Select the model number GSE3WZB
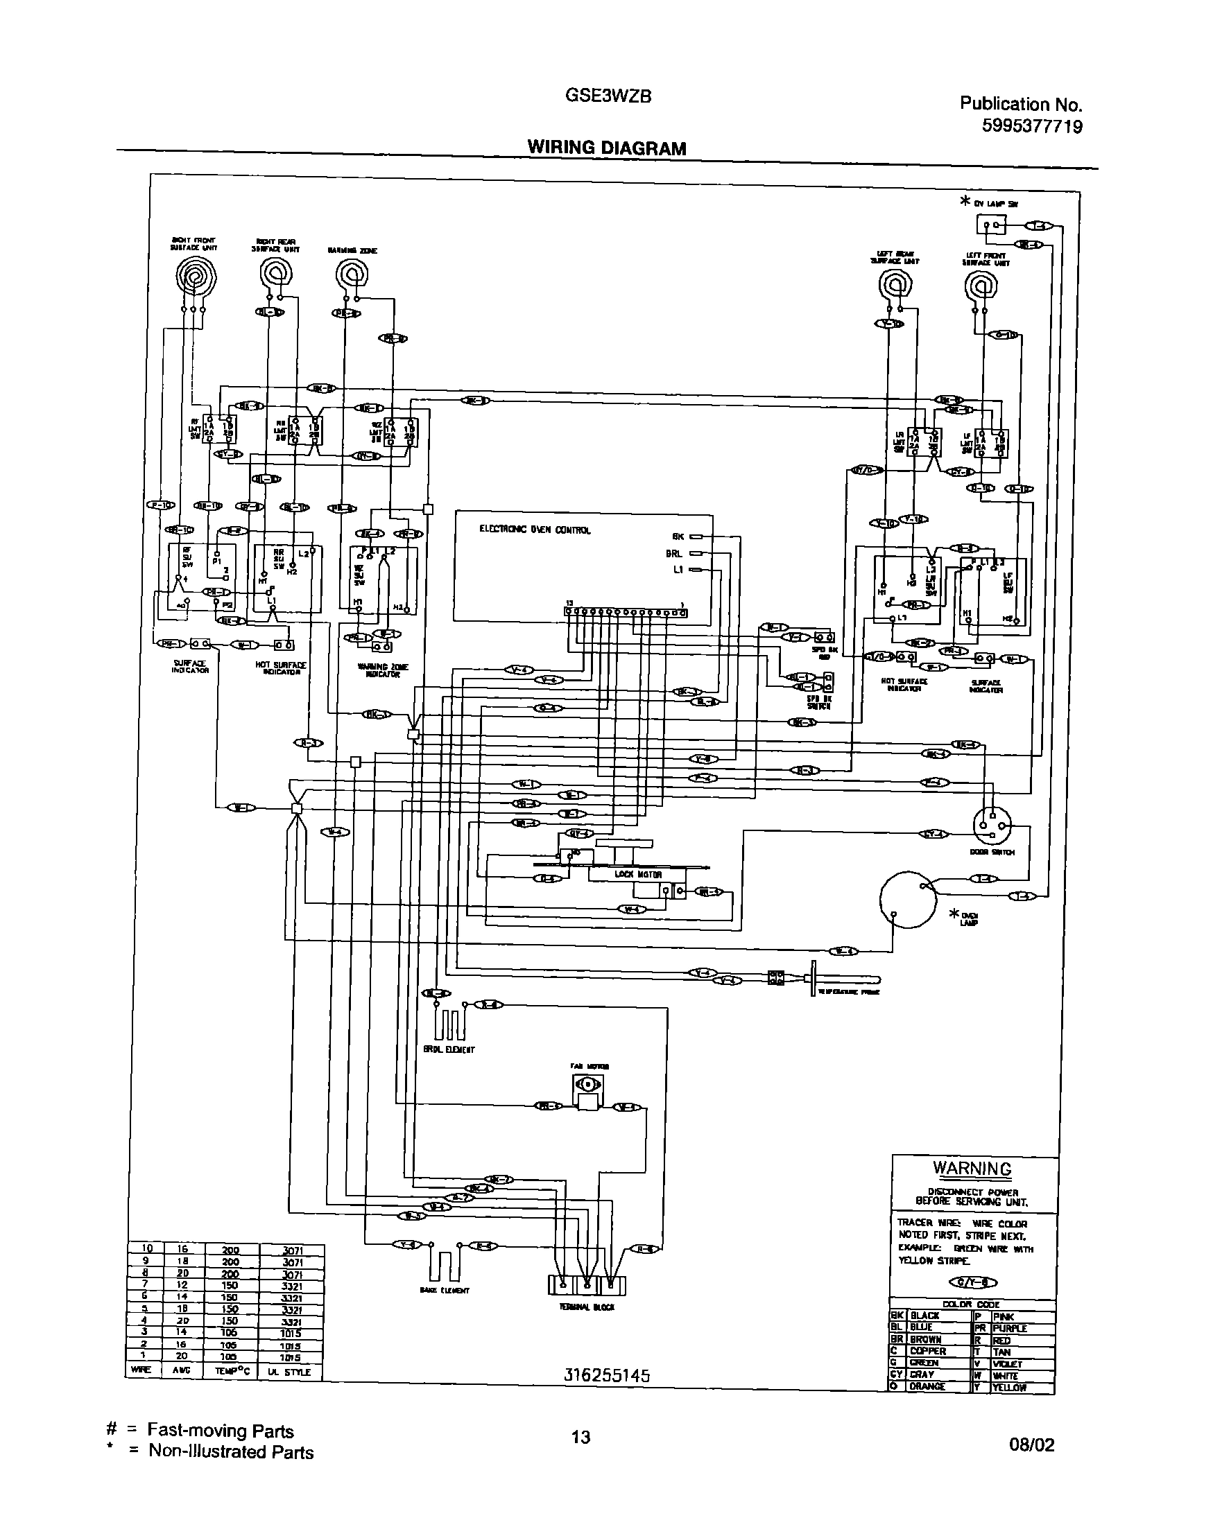pyautogui.click(x=608, y=96)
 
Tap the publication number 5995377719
pyautogui.click(x=1032, y=126)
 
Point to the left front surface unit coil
pyautogui.click(x=981, y=286)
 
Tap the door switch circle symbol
pyautogui.click(x=992, y=826)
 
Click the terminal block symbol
pyautogui.click(x=587, y=1284)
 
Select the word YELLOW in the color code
pyautogui.click(x=1009, y=1387)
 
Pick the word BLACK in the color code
pyautogui.click(x=924, y=1316)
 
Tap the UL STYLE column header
pyautogui.click(x=291, y=1371)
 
